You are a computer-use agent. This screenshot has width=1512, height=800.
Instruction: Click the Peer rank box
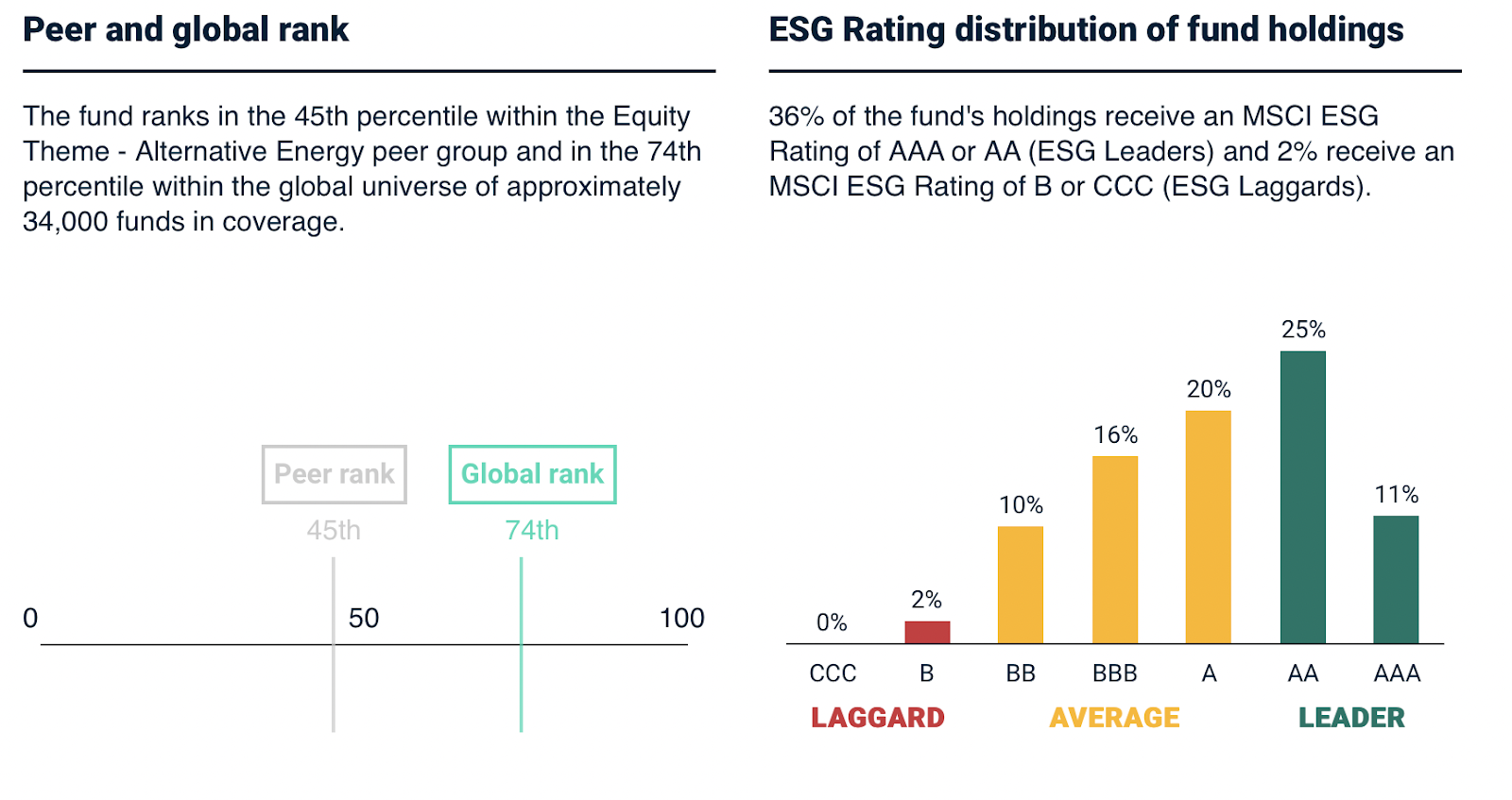pos(334,474)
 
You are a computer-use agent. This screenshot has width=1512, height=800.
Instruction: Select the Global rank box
pos(532,474)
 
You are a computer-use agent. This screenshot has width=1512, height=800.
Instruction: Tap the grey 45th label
pos(334,530)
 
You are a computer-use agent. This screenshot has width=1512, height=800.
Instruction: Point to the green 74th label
pos(532,530)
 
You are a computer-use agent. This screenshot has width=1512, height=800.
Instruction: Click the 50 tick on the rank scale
pos(364,619)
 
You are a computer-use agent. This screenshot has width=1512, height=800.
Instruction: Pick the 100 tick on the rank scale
pos(681,619)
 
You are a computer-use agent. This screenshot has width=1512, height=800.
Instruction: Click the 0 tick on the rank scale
pos(30,619)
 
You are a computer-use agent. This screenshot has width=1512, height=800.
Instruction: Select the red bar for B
pos(927,632)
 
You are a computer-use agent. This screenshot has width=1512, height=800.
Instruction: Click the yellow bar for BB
pos(1021,585)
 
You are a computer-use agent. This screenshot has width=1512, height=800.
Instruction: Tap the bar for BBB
pos(1115,550)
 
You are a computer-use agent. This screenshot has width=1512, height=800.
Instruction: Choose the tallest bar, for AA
pos(1303,497)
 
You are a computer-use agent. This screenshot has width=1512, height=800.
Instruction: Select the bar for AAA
pos(1396,579)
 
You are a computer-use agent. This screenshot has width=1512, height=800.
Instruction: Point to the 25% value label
pos(1303,330)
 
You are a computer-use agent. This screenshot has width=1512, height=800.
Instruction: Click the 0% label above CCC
pos(832,622)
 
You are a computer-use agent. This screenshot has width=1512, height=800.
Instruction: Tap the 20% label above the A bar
pos(1209,389)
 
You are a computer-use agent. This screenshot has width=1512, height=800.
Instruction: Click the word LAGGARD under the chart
pos(878,718)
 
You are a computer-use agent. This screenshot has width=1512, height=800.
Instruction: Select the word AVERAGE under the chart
pos(1115,718)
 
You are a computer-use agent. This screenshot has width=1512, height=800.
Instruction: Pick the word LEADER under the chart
pos(1351,718)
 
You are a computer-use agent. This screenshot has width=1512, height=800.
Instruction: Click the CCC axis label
pos(833,673)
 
